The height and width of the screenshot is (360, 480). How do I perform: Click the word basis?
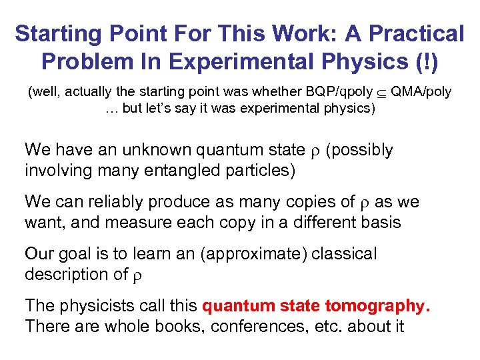pos(379,222)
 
